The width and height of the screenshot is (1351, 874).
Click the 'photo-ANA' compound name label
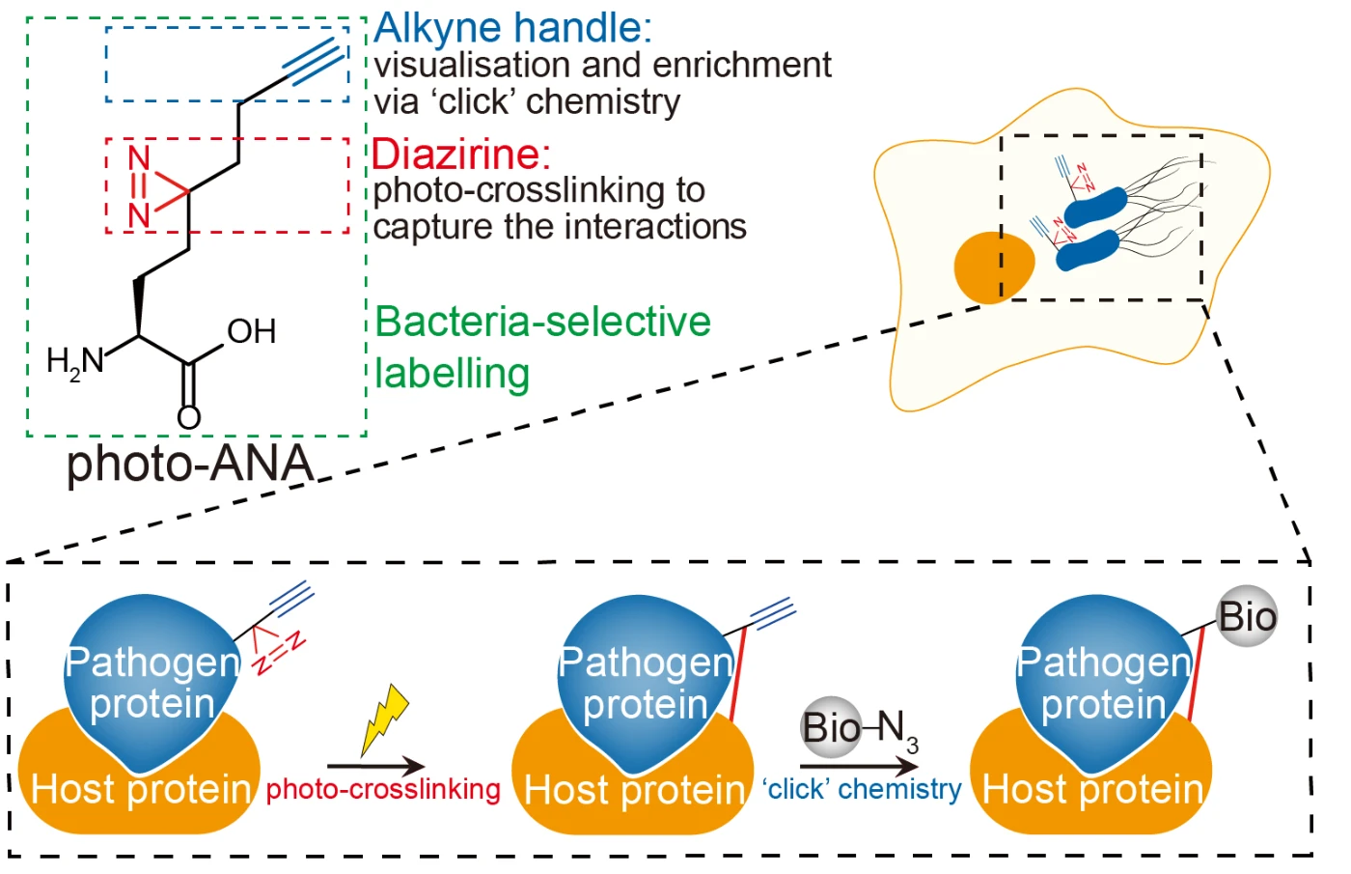191,464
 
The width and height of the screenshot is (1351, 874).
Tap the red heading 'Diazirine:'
461,154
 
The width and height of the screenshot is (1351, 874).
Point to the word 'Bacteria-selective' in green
542,321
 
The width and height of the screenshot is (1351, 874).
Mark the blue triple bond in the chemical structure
315,62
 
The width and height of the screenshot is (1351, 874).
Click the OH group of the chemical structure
252,331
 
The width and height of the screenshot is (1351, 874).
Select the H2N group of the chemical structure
75,362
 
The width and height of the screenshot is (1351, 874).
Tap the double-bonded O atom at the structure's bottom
189,417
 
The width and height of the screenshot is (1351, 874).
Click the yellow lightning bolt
385,719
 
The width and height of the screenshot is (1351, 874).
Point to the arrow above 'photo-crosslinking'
376,766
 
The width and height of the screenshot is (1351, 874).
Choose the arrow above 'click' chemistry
859,767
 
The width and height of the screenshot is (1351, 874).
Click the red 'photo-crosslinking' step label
384,790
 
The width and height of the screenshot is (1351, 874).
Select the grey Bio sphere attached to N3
831,727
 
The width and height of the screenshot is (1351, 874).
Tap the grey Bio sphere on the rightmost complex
1247,616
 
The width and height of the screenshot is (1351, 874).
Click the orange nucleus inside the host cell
995,268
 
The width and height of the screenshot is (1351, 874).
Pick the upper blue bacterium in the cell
1095,208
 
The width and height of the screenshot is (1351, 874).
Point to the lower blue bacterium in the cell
1089,250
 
